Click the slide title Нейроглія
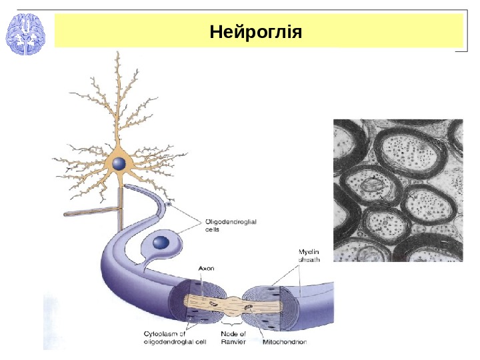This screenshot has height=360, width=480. pos(255,31)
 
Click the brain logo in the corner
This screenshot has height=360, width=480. pos(25,35)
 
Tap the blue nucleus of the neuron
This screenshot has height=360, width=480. pos(119,164)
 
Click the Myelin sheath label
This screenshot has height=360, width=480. pos(310,255)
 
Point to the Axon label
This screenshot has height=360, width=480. pos(206,268)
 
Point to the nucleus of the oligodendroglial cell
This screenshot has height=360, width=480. pos(162,243)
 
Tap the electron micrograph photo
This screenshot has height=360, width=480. pos(397,190)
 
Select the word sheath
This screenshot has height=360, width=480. pos(309,260)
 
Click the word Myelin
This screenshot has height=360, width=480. pos(309,251)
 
